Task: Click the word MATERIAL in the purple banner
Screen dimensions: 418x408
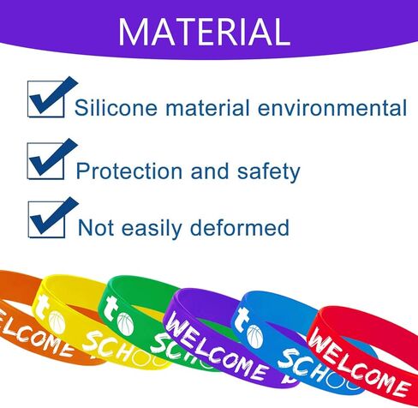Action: click(205, 32)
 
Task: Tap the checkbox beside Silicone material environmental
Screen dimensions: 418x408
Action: click(46, 99)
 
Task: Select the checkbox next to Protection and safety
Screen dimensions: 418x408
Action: click(45, 161)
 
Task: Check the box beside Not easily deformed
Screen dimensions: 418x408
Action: click(46, 219)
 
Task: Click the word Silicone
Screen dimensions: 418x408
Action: click(116, 108)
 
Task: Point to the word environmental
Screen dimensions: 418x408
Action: click(332, 108)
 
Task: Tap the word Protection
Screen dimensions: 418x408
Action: click(129, 171)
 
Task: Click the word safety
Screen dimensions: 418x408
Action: click(269, 171)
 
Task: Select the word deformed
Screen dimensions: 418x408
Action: click(240, 227)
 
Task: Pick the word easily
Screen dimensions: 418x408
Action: click(152, 229)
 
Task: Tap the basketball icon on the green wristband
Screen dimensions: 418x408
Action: click(125, 324)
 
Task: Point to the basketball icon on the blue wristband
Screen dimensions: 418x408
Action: click(254, 337)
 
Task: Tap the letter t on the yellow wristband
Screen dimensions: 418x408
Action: click(41, 308)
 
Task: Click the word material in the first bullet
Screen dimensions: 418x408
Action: click(207, 108)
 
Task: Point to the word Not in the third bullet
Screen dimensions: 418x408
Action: click(96, 227)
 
